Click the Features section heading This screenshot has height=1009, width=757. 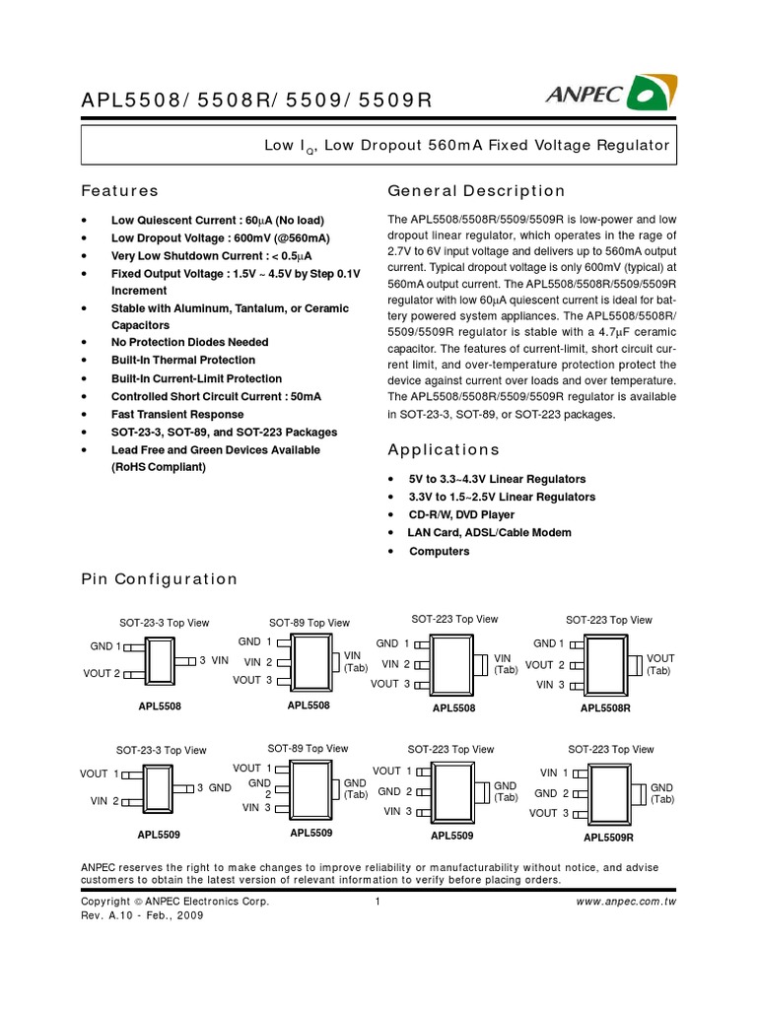pos(119,191)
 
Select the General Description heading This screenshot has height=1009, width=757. pos(476,191)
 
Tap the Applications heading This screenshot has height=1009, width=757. pos(444,449)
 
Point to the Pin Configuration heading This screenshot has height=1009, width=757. pos(159,579)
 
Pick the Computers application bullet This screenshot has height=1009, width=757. pos(439,552)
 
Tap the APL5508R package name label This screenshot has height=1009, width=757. pos(606,708)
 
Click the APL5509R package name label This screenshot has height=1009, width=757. pos(608,838)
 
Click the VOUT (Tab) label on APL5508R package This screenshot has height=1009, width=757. pos(659,664)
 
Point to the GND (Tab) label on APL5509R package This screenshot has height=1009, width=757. pos(661,794)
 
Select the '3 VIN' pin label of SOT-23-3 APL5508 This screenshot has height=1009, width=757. pos(213,659)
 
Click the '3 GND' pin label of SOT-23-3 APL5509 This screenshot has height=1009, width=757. pos(213,788)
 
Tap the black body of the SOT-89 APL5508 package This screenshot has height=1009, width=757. pos(310,660)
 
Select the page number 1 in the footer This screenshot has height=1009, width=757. pos(378,902)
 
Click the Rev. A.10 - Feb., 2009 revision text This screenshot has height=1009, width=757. pos(142,915)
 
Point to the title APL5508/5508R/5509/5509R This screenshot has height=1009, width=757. pos(256,100)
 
